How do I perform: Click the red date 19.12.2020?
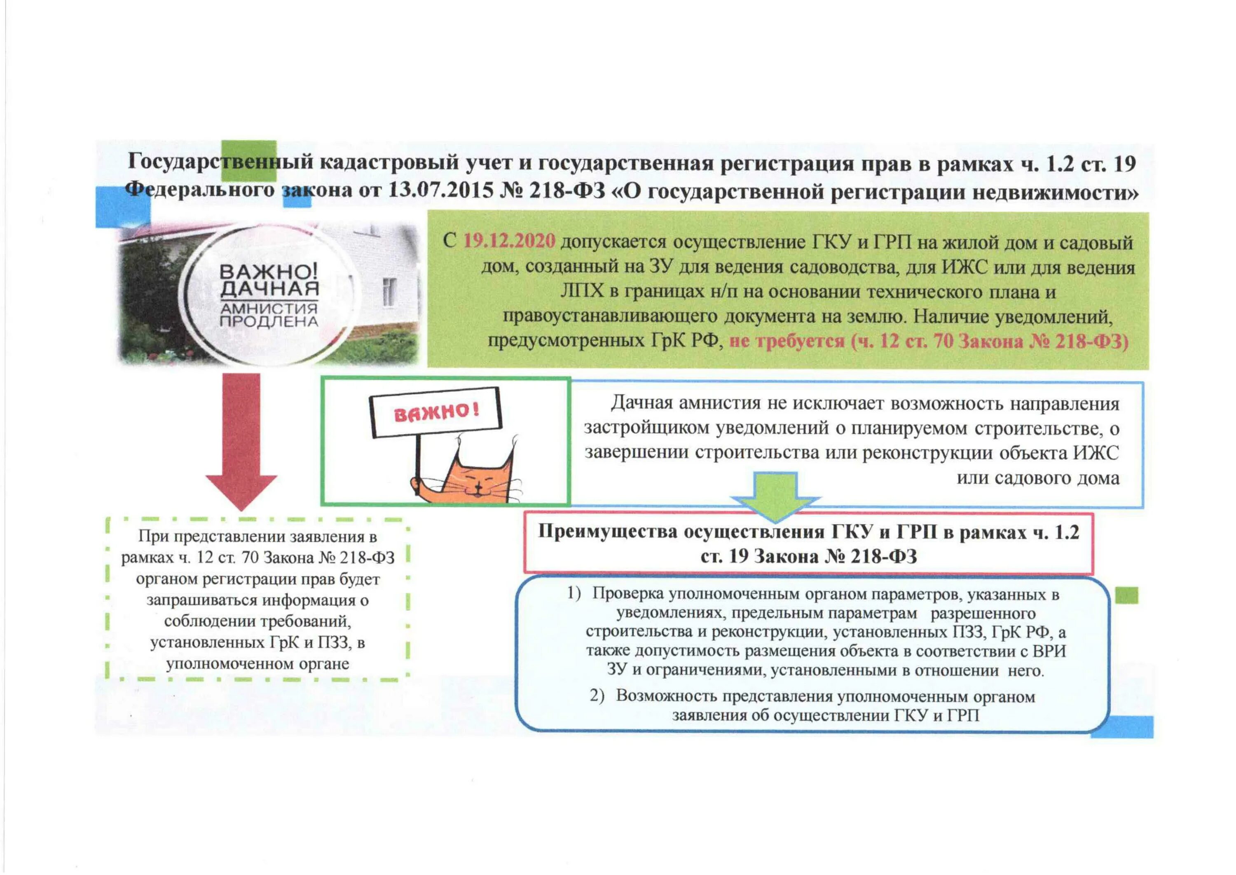(x=509, y=241)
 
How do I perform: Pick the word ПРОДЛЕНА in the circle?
(x=269, y=322)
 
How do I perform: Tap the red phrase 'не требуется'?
(x=787, y=341)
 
